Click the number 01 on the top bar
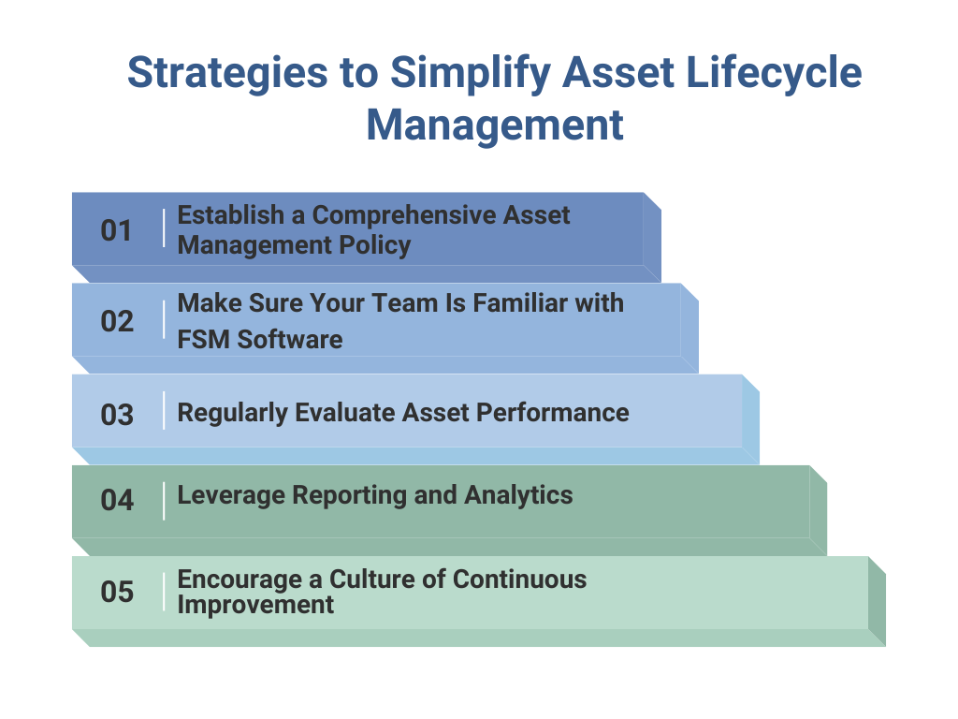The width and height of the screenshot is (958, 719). click(x=117, y=230)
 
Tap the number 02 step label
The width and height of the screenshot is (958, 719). click(x=117, y=321)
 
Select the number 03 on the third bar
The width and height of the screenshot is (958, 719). click(x=117, y=414)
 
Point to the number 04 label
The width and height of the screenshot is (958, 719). click(x=117, y=501)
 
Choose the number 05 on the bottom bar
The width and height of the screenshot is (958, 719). click(x=117, y=593)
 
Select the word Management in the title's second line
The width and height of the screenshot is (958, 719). click(x=494, y=125)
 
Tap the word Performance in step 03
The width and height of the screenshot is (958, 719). click(x=551, y=413)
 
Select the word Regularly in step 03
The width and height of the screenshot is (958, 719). click(x=232, y=413)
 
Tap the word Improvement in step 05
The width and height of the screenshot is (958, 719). click(x=255, y=605)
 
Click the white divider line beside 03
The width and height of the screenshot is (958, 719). click(x=164, y=411)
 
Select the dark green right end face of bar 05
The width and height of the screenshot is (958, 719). click(x=877, y=600)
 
